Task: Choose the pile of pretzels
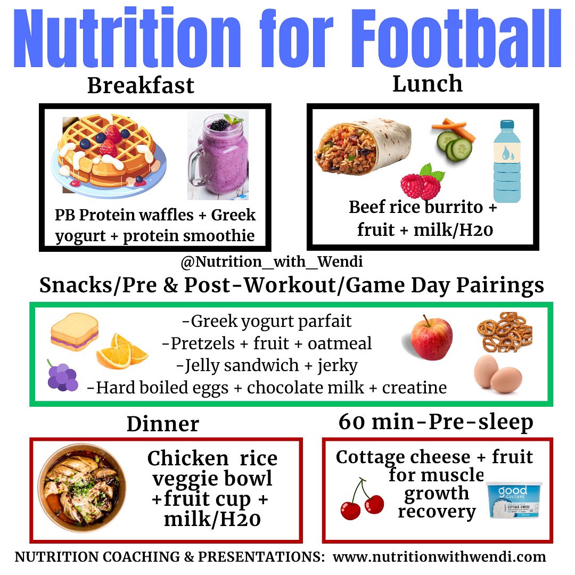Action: (504, 331)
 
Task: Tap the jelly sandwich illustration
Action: (74, 332)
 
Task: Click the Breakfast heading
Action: (141, 85)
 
